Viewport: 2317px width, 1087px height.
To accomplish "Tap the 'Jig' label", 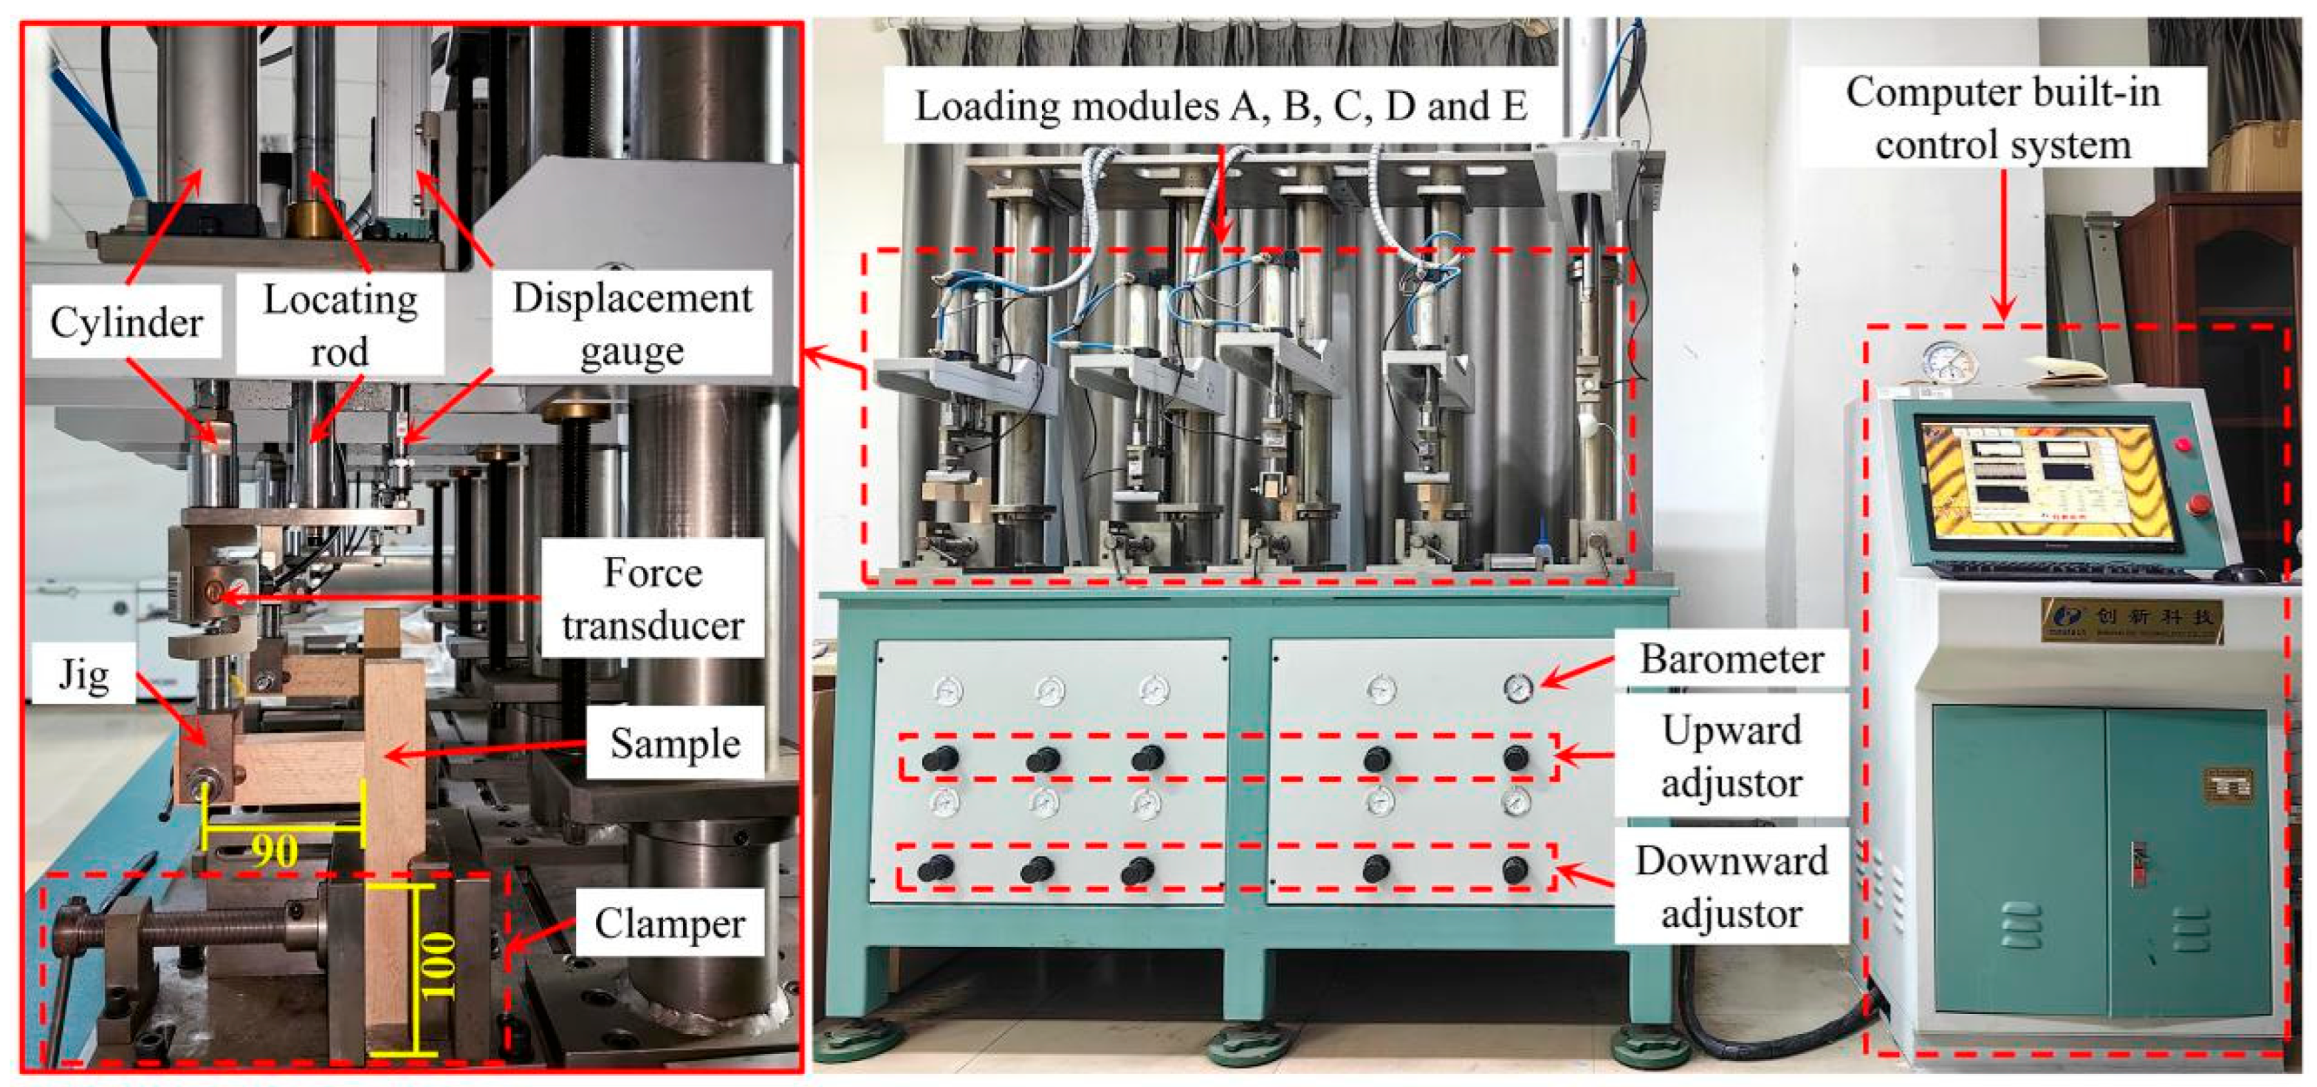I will (83, 674).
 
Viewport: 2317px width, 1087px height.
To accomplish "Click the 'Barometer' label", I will (1731, 659).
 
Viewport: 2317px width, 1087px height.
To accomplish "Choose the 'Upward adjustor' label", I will (1731, 756).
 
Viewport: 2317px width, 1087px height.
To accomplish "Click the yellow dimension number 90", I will (275, 849).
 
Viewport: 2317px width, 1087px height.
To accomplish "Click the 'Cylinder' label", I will (126, 322).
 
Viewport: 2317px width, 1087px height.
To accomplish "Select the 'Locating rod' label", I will (340, 324).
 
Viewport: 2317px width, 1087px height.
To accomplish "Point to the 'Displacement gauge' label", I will (632, 324).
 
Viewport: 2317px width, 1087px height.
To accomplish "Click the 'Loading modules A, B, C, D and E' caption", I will (1221, 106).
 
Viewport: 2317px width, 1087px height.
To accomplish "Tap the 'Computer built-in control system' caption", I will (2003, 118).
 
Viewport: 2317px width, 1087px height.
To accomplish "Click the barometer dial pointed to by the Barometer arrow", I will (1518, 688).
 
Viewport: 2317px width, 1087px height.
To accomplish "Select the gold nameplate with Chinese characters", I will (2131, 619).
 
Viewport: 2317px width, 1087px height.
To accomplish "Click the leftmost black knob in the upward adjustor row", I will (941, 758).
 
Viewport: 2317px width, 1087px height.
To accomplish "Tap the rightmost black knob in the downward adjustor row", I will (1514, 869).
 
